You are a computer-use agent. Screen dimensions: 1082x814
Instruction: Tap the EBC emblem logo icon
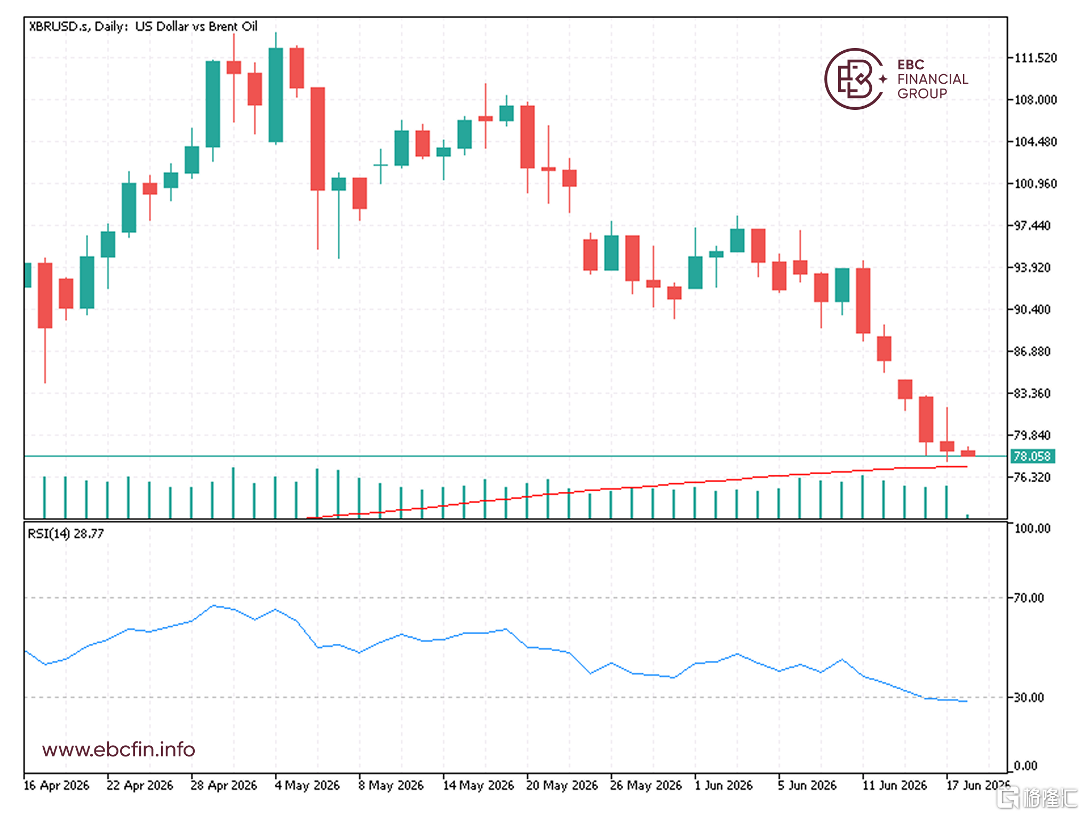coord(854,79)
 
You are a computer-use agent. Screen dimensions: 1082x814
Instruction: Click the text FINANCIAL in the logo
coord(933,79)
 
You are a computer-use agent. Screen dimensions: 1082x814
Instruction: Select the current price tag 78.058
coord(1032,456)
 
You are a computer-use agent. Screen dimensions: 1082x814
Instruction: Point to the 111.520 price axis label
coord(1035,58)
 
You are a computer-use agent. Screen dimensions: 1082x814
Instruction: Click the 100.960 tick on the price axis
coord(1035,183)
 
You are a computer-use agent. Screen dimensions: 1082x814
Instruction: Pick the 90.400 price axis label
coord(1032,309)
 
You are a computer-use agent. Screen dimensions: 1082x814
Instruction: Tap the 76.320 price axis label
coord(1032,477)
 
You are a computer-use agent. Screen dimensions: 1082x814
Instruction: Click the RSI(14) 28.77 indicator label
coord(66,533)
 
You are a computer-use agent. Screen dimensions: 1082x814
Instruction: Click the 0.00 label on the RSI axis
coord(1025,766)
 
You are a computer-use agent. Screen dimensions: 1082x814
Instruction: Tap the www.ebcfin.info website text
coord(118,749)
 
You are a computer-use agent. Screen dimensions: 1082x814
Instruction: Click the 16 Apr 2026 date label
coord(57,785)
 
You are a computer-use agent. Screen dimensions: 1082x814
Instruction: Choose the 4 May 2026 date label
coord(307,785)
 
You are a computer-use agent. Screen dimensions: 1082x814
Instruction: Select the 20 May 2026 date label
coord(562,785)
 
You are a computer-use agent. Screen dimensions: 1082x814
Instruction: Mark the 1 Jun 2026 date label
coord(723,785)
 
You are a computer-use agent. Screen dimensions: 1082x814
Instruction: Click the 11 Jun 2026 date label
coord(895,785)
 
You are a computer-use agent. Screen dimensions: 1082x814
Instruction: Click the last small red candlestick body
coord(968,453)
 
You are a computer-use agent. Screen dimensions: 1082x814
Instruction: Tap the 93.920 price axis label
coord(1032,267)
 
